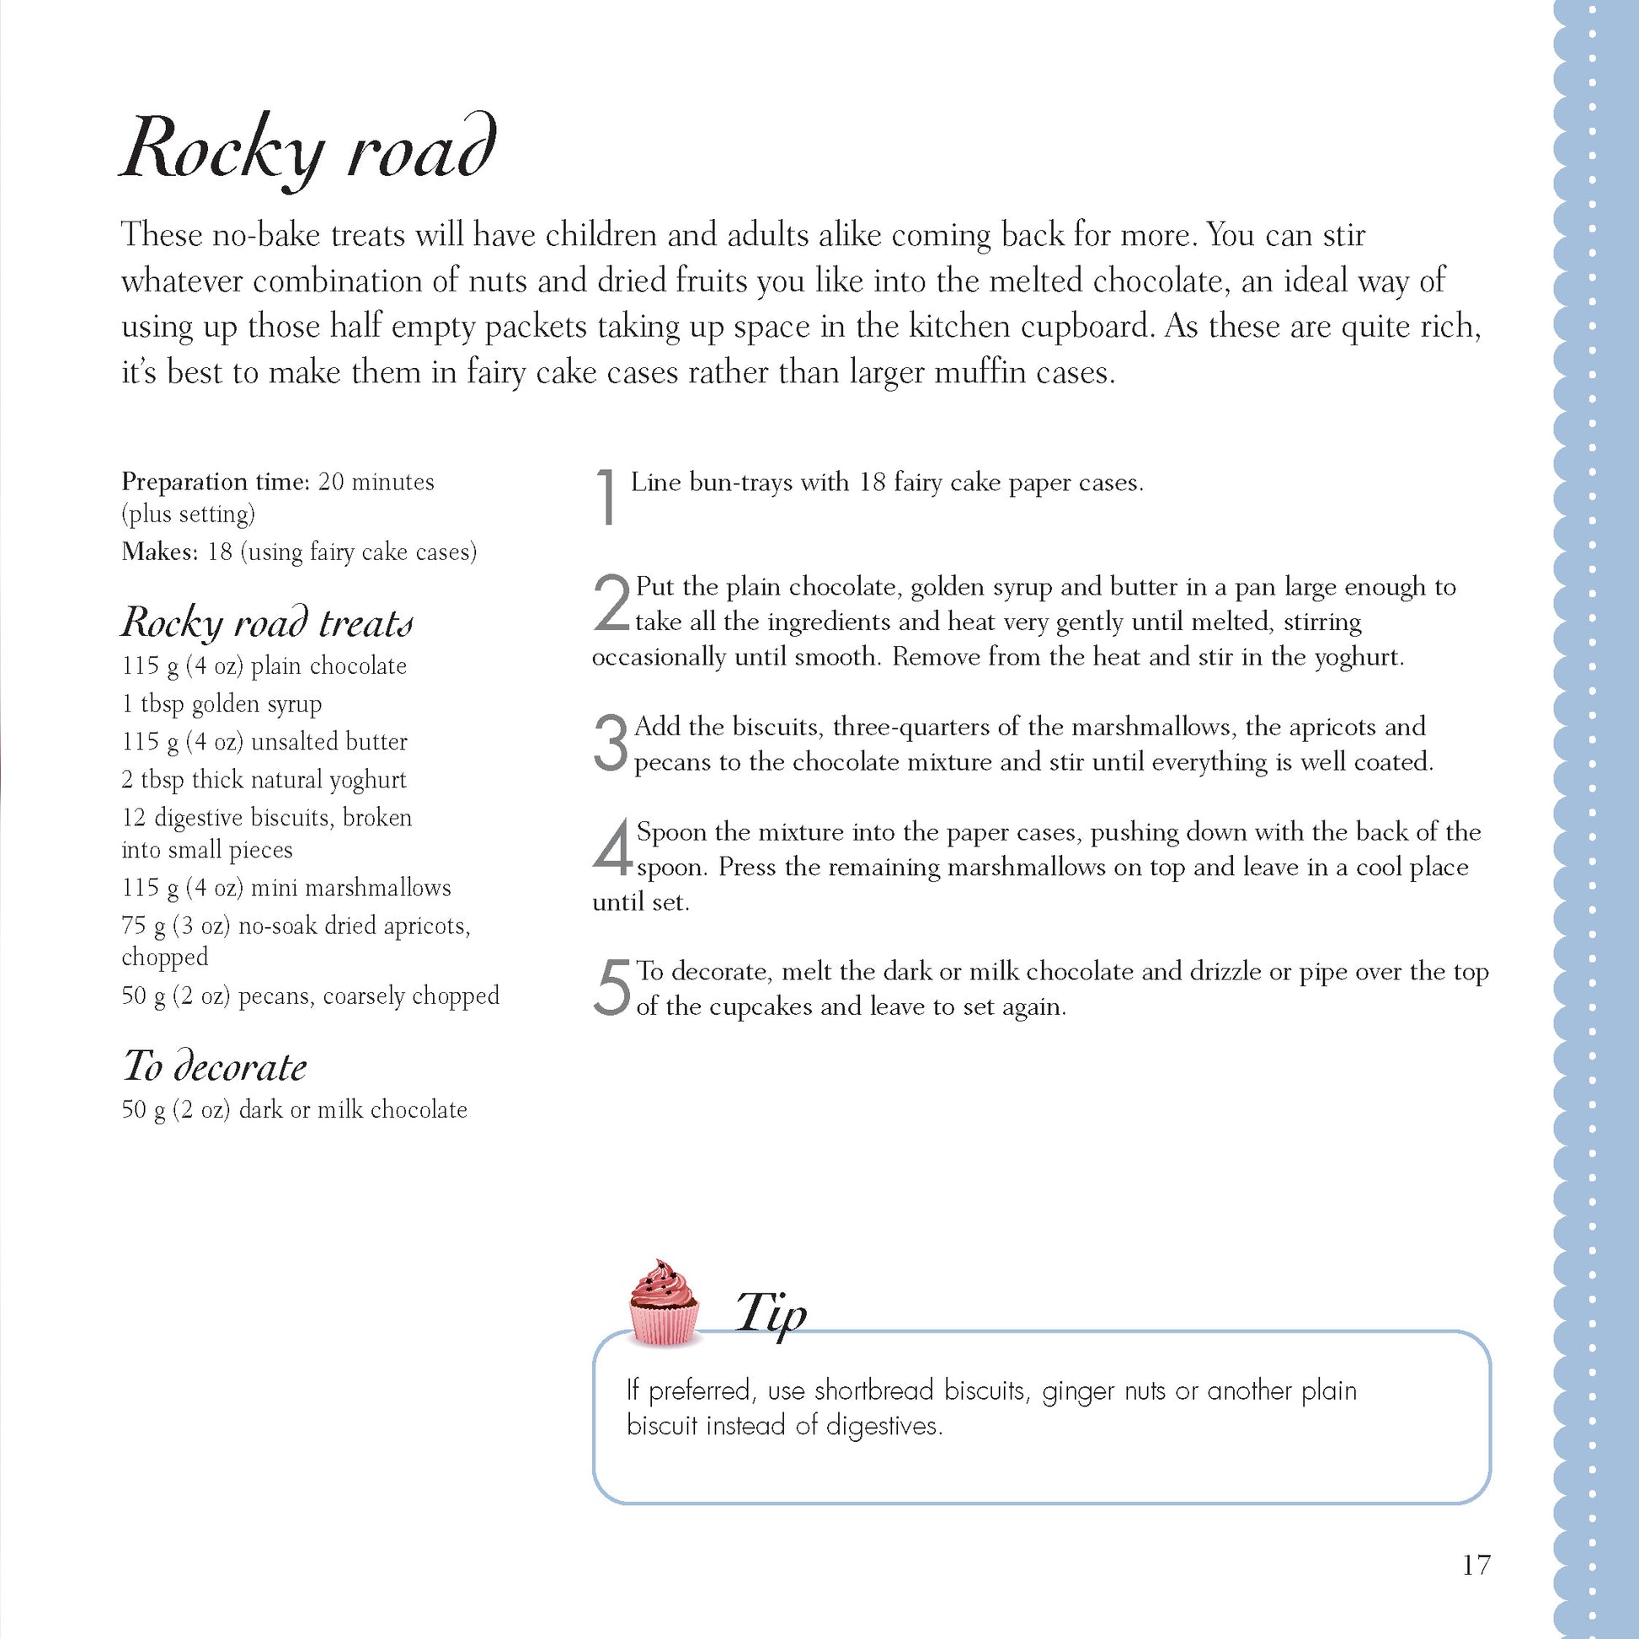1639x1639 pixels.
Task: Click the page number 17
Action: click(x=1476, y=1565)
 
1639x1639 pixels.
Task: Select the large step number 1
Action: click(x=606, y=496)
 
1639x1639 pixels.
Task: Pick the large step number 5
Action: click(x=611, y=987)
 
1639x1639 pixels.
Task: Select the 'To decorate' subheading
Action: click(x=215, y=1066)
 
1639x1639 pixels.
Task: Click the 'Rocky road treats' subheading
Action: click(x=267, y=622)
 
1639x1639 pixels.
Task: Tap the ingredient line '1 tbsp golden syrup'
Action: click(x=222, y=704)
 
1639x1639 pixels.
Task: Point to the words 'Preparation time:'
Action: click(x=216, y=482)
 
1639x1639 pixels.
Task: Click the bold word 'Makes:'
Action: click(x=159, y=553)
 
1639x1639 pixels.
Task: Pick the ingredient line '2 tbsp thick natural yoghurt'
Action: click(x=264, y=780)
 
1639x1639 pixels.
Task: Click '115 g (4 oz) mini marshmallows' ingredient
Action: click(x=286, y=889)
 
